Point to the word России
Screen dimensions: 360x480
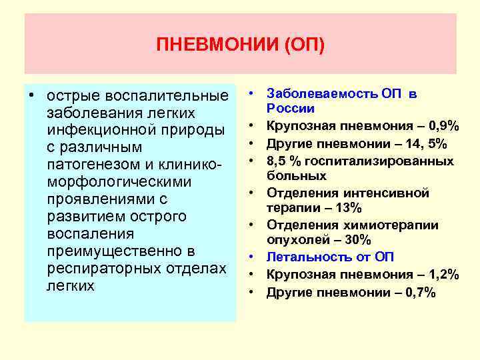tap(291, 109)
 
